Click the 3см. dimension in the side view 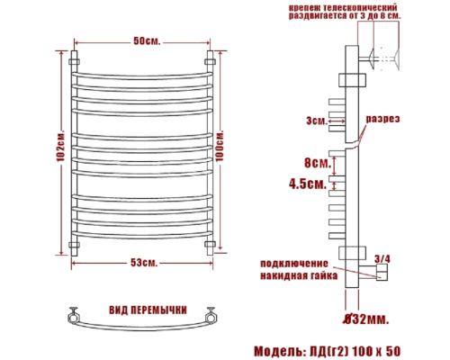coord(316,119)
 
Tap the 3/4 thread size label coord(382,258)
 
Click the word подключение coord(293,263)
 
